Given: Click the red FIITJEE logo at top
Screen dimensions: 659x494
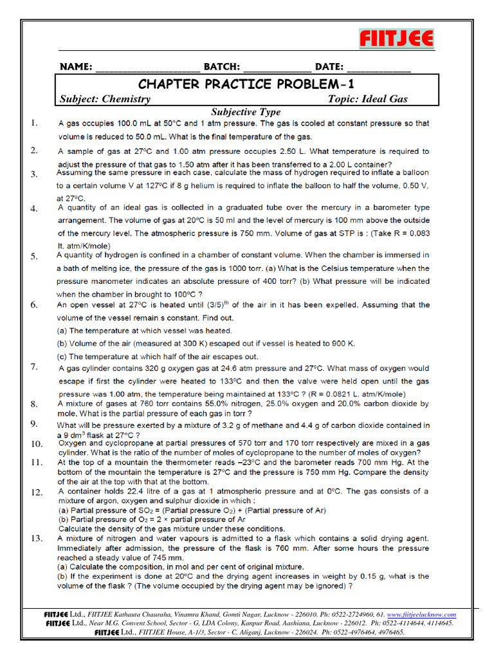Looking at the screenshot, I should tap(396, 39).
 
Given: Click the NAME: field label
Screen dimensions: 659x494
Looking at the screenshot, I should tap(76, 67).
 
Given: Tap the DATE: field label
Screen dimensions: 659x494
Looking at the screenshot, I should tap(330, 67).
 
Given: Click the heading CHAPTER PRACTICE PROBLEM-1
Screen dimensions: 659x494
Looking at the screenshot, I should tap(246, 84).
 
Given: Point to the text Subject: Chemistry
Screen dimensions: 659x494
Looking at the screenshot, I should tap(105, 98).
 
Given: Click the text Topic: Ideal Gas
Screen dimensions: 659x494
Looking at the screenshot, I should tap(367, 98).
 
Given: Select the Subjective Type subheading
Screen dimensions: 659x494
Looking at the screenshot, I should tap(246, 112).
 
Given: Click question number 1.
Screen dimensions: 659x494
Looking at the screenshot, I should tap(34, 122).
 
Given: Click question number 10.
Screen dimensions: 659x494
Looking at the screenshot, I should tap(36, 443).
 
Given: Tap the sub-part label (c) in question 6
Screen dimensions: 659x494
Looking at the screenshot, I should tap(62, 356).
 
